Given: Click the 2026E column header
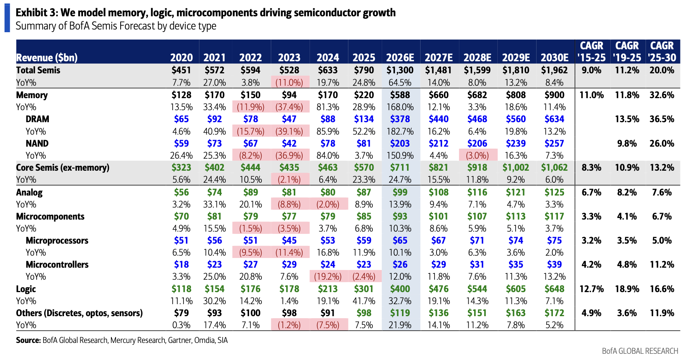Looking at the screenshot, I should click(x=400, y=58).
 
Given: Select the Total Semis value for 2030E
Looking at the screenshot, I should click(x=554, y=70).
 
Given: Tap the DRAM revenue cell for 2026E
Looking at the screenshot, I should click(x=400, y=119).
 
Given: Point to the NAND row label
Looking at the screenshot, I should click(x=37, y=144).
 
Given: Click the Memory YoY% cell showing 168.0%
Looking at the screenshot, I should click(x=400, y=107).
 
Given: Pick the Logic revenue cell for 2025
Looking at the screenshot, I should click(x=364, y=289).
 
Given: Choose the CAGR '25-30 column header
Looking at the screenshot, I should click(x=662, y=52).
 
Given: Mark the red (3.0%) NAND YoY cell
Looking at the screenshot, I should click(x=477, y=156).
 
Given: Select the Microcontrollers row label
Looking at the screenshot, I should click(x=57, y=265).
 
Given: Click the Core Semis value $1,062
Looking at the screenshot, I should click(x=554, y=168).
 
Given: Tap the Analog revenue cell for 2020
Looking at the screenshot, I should click(x=181, y=192).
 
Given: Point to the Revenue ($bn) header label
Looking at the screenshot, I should click(x=47, y=58).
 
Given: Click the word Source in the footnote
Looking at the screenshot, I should click(x=28, y=340).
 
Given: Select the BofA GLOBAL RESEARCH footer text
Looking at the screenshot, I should click(x=640, y=351).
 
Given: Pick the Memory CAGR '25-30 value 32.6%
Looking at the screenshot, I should click(x=662, y=95).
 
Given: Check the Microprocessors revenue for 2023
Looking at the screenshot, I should click(x=289, y=241).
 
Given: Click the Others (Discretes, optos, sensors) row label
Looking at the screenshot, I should click(x=79, y=313).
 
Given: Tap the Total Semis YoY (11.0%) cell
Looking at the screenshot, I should click(x=289, y=83).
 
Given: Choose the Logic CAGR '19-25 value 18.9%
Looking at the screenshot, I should click(x=627, y=289).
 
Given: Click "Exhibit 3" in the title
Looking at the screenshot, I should click(x=36, y=13).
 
